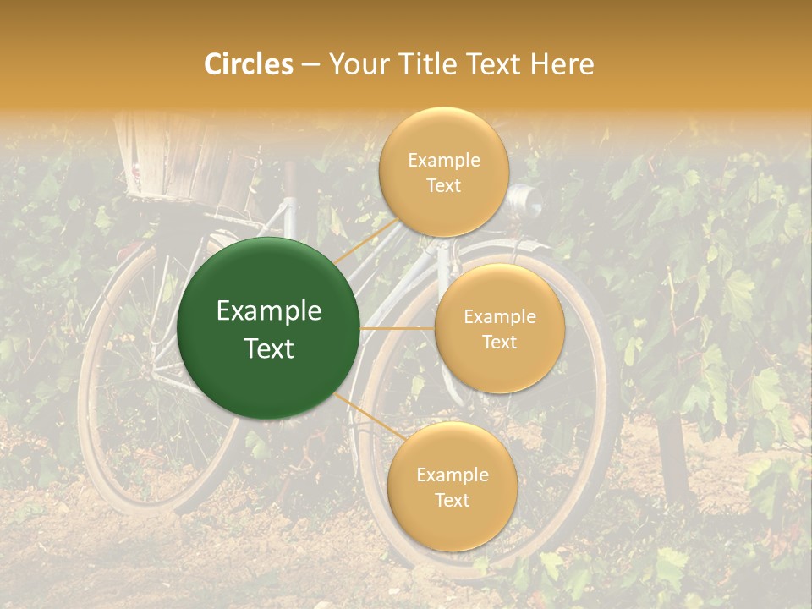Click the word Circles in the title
pyautogui.click(x=248, y=64)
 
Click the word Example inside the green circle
pyautogui.click(x=269, y=311)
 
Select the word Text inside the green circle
pyautogui.click(x=269, y=348)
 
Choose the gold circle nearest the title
pyautogui.click(x=443, y=172)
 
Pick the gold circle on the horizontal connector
pyautogui.click(x=499, y=329)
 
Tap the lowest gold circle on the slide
pyautogui.click(x=452, y=487)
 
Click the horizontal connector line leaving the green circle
pyautogui.click(x=398, y=328)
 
